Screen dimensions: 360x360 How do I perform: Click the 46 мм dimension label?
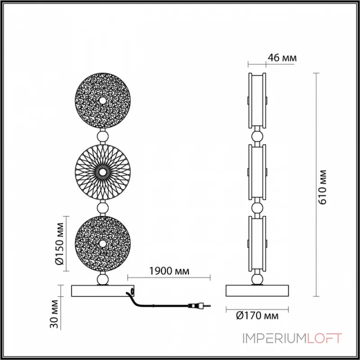click(282, 58)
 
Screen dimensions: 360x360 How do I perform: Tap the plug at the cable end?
click(197, 306)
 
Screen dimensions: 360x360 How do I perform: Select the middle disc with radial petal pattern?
click(102, 172)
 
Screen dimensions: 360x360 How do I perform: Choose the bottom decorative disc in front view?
click(102, 243)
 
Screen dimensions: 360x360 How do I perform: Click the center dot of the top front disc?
click(102, 100)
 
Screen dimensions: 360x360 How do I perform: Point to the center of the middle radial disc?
click(102, 172)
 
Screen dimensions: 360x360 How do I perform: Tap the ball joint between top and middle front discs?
click(102, 136)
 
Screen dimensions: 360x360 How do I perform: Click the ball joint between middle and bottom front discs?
click(102, 207)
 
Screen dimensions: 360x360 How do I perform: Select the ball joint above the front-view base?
click(102, 279)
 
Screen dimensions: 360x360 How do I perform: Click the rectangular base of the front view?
click(102, 291)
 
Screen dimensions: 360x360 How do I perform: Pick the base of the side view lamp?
click(257, 291)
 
